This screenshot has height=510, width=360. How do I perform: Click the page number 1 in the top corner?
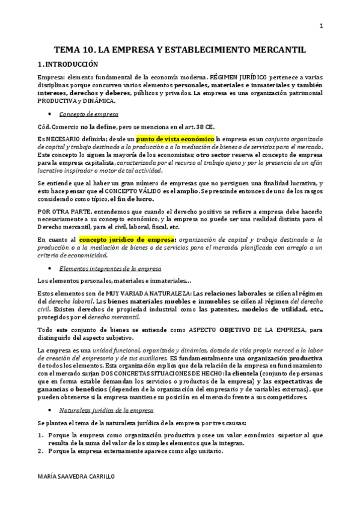(x=322, y=25)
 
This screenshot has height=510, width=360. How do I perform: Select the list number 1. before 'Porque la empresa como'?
(x=40, y=434)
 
